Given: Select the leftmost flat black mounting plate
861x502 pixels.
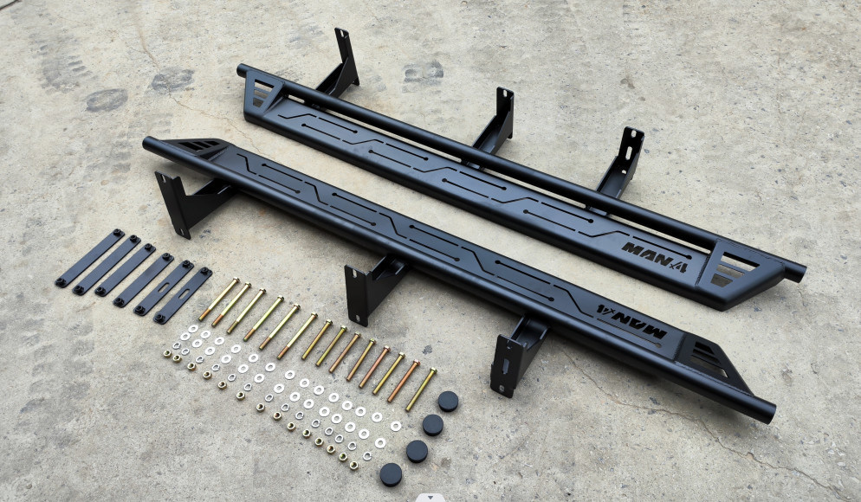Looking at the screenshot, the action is pyautogui.click(x=90, y=258).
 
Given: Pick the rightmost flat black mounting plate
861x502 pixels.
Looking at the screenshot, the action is pyautogui.click(x=183, y=295).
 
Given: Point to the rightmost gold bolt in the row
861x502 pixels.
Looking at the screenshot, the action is pyautogui.click(x=421, y=389).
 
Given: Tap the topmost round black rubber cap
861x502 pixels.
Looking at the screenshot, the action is pyautogui.click(x=448, y=402).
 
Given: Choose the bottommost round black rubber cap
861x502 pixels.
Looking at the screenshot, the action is pyautogui.click(x=391, y=474).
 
